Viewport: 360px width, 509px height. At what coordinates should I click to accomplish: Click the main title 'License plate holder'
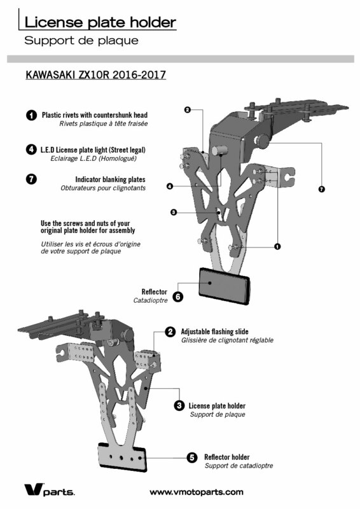(x=100, y=22)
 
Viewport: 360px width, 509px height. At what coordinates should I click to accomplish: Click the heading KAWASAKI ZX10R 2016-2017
(x=96, y=74)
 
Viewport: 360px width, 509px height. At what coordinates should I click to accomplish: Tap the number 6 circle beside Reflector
(x=177, y=296)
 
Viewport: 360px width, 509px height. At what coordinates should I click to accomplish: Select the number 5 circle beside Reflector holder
(x=192, y=457)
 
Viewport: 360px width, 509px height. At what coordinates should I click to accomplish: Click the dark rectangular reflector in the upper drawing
(x=225, y=286)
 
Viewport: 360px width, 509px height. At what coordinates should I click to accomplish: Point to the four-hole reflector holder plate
(x=122, y=457)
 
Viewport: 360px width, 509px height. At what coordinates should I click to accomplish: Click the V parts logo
(x=50, y=489)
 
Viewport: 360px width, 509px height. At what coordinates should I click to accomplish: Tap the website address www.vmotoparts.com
(x=197, y=492)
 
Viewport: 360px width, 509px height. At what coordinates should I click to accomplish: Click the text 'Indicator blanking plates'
(x=111, y=179)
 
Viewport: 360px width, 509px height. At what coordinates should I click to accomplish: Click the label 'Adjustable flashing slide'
(x=214, y=331)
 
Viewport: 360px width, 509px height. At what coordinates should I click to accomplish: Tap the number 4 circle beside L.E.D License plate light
(x=31, y=150)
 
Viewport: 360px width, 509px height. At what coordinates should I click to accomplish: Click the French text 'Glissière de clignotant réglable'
(x=227, y=340)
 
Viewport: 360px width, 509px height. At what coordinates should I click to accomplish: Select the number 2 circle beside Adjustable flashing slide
(x=170, y=331)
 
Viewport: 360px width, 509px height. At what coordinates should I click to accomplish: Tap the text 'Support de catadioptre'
(x=239, y=466)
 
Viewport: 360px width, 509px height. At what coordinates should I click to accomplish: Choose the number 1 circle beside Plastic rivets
(x=31, y=115)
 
